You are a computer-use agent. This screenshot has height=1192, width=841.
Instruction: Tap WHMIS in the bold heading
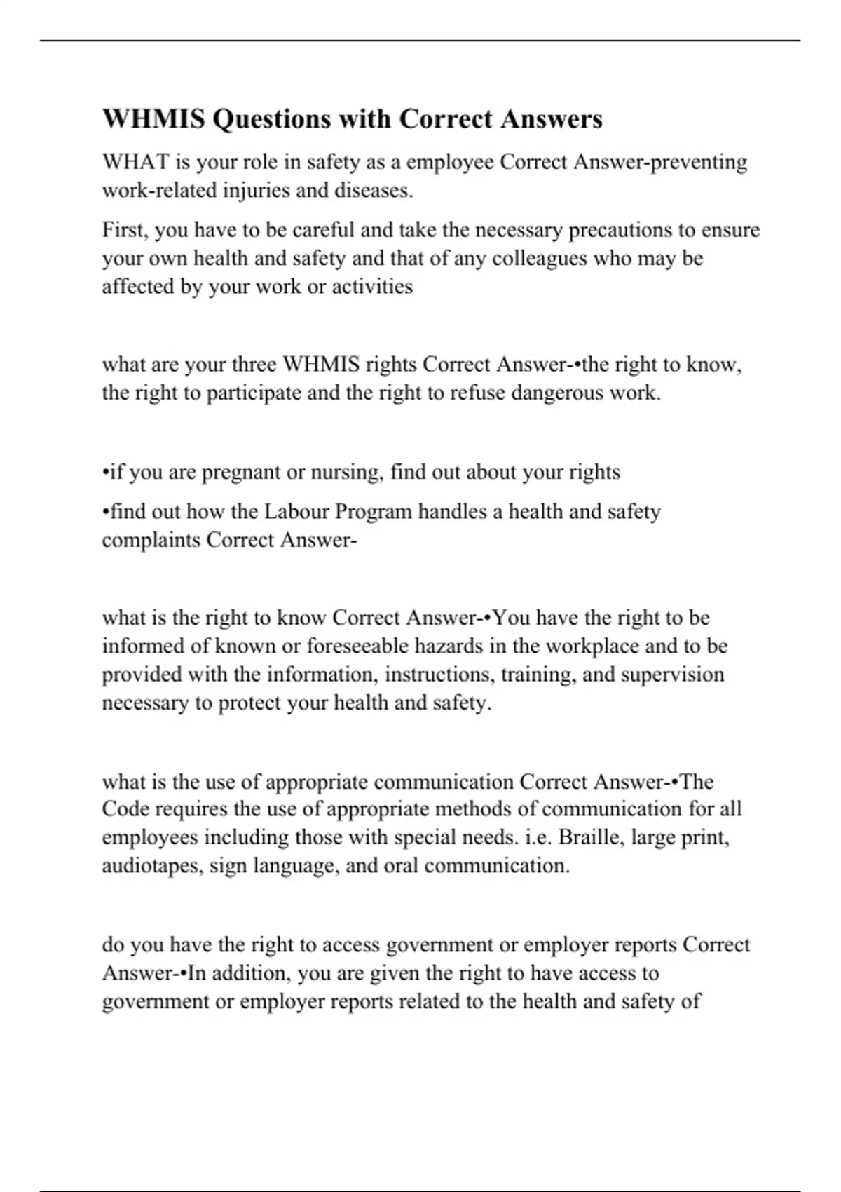click(154, 119)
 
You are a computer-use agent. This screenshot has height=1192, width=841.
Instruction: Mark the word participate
click(252, 393)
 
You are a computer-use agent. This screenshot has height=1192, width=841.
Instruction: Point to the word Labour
click(296, 512)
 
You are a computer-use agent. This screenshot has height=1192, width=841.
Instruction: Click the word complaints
click(151, 540)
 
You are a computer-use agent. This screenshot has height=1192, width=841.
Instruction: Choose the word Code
click(125, 809)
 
